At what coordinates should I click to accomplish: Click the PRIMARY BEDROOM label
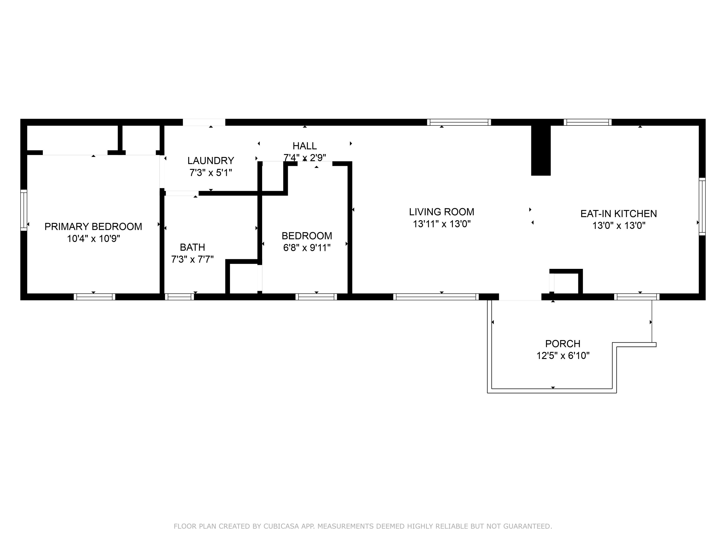[93, 227]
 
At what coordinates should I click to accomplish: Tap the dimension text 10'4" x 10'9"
[93, 239]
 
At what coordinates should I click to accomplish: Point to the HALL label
[305, 146]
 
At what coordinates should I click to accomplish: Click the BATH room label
[192, 247]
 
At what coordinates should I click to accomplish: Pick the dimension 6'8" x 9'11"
[307, 248]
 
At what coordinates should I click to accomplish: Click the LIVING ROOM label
[441, 212]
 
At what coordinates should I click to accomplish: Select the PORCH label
[563, 344]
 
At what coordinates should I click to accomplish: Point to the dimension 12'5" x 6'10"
[563, 356]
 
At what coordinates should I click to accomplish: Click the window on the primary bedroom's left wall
[24, 210]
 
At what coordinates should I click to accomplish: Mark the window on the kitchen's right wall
[702, 206]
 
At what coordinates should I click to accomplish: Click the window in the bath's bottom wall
[179, 297]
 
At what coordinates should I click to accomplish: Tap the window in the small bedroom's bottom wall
[316, 297]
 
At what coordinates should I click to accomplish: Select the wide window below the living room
[436, 297]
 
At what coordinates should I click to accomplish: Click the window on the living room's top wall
[459, 122]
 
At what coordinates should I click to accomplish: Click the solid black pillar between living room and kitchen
[541, 150]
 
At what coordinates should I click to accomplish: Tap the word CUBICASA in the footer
[281, 526]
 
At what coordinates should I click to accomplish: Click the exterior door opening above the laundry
[204, 122]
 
